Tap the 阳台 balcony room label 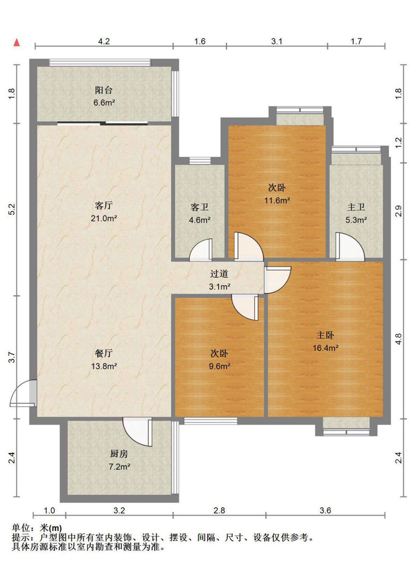click(104, 90)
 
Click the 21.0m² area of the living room click(104, 218)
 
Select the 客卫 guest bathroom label click(200, 207)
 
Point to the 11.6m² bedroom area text click(277, 200)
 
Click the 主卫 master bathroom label click(356, 207)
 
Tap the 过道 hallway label click(219, 274)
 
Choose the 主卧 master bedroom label click(325, 335)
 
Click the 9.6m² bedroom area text click(219, 366)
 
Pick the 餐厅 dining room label click(104, 354)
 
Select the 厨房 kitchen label click(119, 454)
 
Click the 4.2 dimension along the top click(104, 41)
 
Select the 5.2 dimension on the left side click(12, 209)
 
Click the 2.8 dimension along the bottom click(219, 511)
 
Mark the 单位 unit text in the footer click(21, 528)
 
